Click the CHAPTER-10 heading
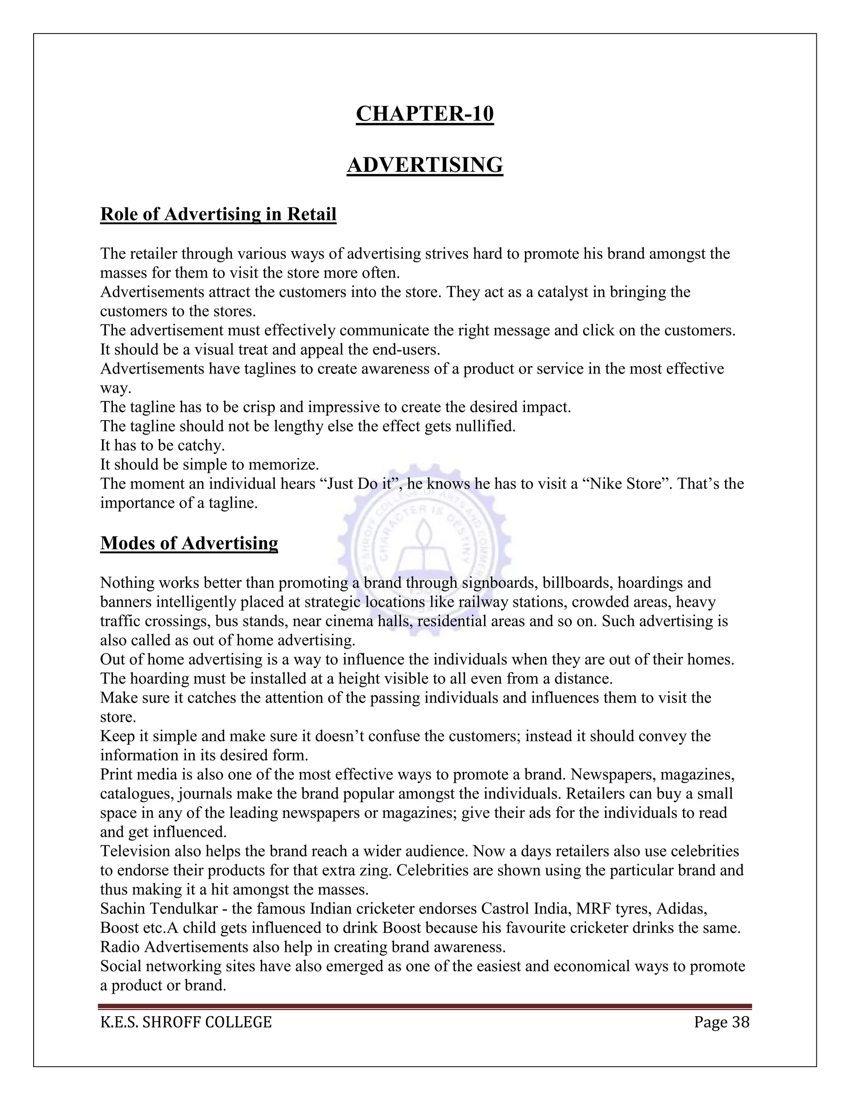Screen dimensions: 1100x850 [425, 114]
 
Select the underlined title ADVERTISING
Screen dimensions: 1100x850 [425, 165]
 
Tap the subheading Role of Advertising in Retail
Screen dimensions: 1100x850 [218, 214]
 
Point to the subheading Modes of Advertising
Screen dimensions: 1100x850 [189, 543]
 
